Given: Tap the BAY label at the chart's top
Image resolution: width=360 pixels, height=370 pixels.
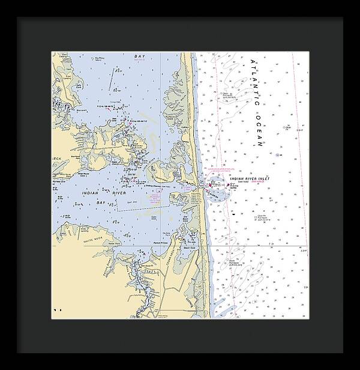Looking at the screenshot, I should tap(139, 56).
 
